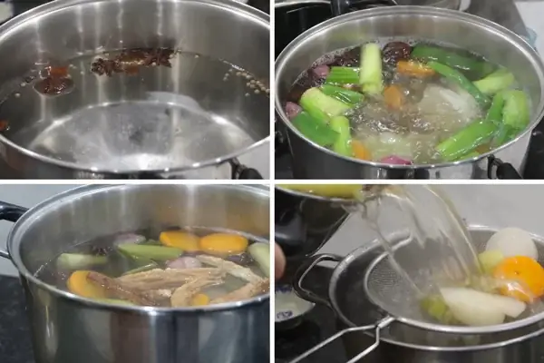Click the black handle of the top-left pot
pyautogui.click(x=244, y=170)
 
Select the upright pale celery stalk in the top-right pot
pyautogui.click(x=371, y=67)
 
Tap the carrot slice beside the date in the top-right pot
pyautogui.click(x=416, y=68)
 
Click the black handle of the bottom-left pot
pyautogui.click(x=11, y=213)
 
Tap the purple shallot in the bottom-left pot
pyautogui.click(x=186, y=262)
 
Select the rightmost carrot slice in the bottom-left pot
pyautogui.click(x=223, y=243)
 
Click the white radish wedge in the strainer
pyautogui.click(x=481, y=305)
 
